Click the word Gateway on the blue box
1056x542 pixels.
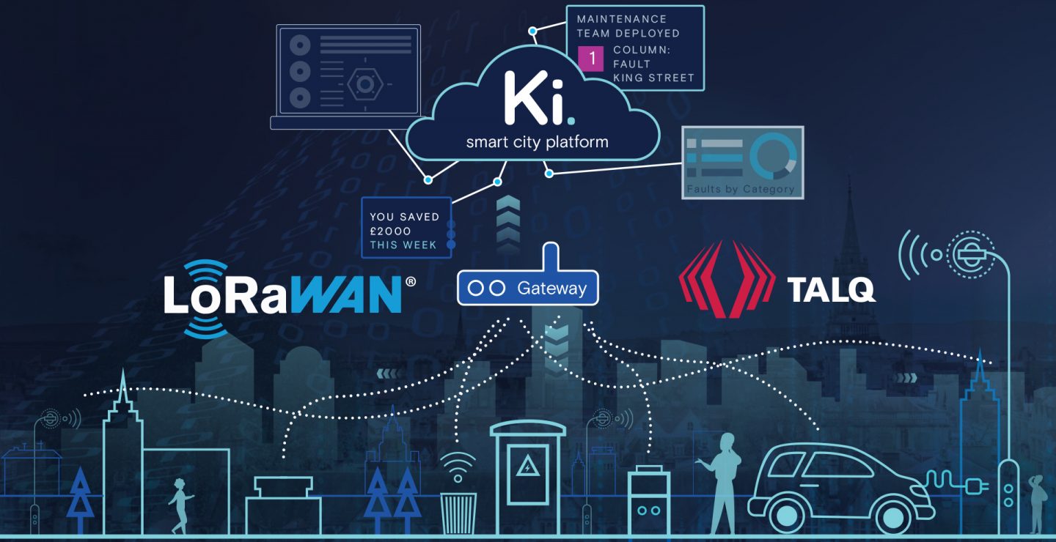(x=551, y=289)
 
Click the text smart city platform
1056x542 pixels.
(x=537, y=141)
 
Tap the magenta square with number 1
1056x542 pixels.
(x=591, y=58)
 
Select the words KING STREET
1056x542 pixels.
(x=653, y=78)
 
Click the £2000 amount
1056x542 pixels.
(x=390, y=231)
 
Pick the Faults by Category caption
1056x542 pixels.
(x=740, y=189)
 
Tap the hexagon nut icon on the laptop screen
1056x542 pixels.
(x=364, y=85)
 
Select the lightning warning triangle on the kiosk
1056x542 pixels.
(x=528, y=466)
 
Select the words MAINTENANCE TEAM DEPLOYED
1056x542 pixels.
(x=628, y=26)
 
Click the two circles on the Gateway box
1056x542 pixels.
(x=486, y=289)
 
